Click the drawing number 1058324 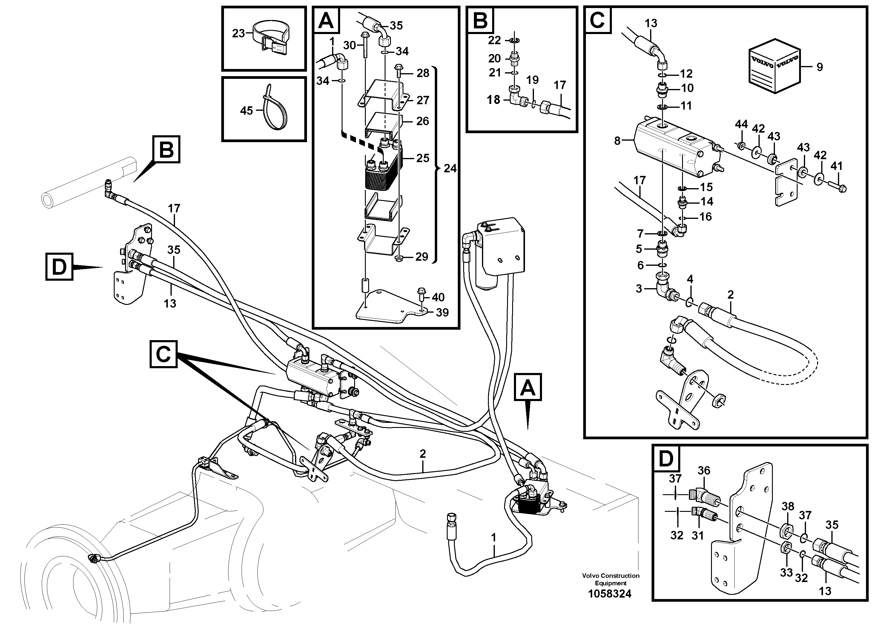(x=609, y=594)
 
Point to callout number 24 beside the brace (x=450, y=168)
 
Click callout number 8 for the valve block (x=617, y=141)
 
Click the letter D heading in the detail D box (x=666, y=459)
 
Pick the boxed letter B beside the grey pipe (x=167, y=149)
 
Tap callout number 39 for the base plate (x=442, y=312)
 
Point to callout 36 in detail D (x=704, y=470)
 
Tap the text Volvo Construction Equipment (x=611, y=579)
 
